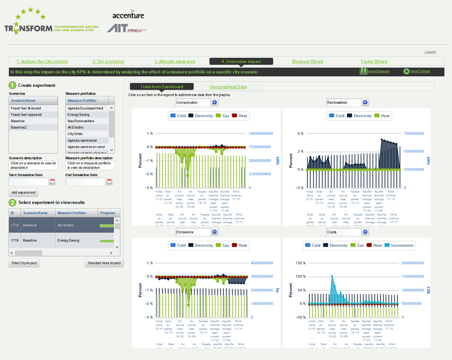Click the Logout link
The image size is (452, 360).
click(430, 52)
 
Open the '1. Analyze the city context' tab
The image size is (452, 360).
click(42, 62)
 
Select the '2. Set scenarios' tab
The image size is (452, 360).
click(110, 62)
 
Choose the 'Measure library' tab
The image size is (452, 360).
click(308, 62)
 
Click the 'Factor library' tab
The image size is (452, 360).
click(374, 62)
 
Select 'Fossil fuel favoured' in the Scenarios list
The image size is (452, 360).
click(26, 108)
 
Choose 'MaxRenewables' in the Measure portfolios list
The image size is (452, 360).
click(81, 121)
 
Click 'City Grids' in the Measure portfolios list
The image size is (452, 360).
click(75, 133)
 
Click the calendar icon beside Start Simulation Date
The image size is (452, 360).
click(53, 182)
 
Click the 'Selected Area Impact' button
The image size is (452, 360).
click(104, 263)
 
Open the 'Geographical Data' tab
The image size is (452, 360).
click(228, 87)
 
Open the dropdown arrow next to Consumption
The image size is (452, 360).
click(214, 102)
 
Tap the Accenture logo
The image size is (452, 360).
click(128, 15)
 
